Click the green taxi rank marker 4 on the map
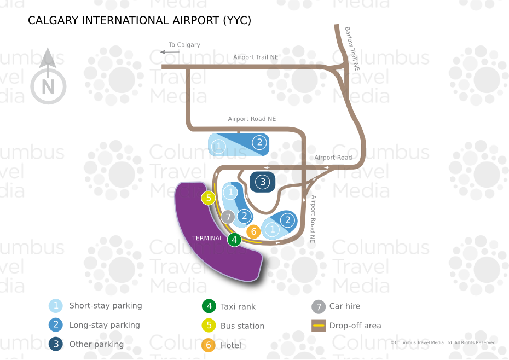234,240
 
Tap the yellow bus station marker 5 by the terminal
209,198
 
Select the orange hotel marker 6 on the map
253,231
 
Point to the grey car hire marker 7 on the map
228,217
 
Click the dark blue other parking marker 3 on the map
263,182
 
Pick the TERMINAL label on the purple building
207,238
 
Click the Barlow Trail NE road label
352,49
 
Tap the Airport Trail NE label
256,57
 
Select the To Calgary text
184,45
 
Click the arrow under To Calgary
170,52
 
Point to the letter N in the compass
48,87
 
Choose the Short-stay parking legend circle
55,306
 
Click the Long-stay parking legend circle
55,324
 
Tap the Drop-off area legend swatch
319,326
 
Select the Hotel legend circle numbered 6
209,345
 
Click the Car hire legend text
345,306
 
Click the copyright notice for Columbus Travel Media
443,342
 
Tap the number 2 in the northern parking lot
259,142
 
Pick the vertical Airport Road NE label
313,219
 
